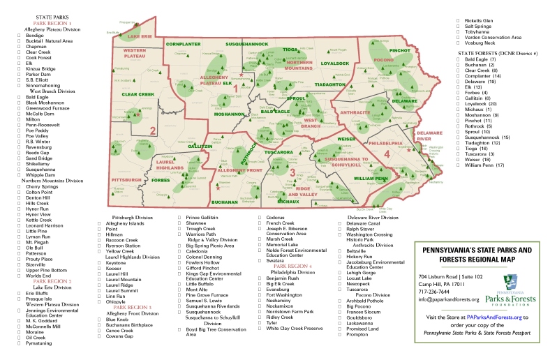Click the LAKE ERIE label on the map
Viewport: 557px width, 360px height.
[140, 36]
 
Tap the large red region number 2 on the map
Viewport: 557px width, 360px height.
[152, 129]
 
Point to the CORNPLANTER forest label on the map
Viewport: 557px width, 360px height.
[184, 44]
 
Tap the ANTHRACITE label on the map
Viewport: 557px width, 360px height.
[355, 111]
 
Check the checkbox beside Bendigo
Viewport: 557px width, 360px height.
[20, 35]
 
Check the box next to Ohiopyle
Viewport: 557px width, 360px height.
[99, 302]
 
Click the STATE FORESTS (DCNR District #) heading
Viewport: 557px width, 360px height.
[492, 53]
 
